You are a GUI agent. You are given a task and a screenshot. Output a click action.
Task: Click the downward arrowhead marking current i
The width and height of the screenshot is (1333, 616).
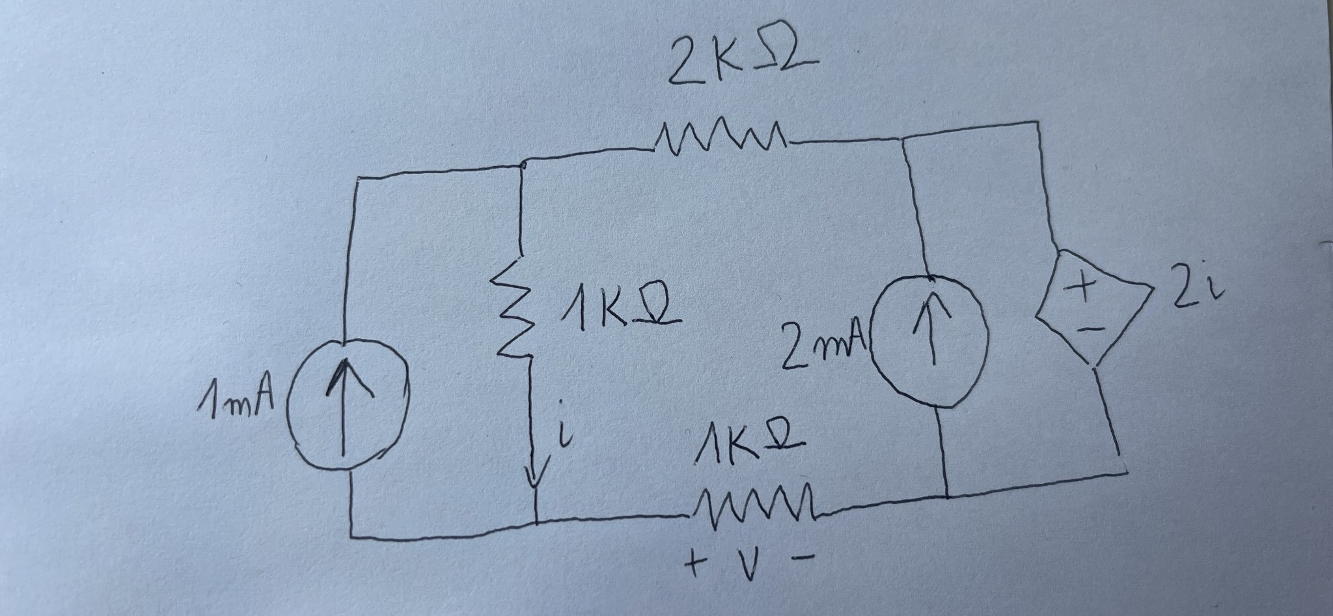click(x=534, y=479)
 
